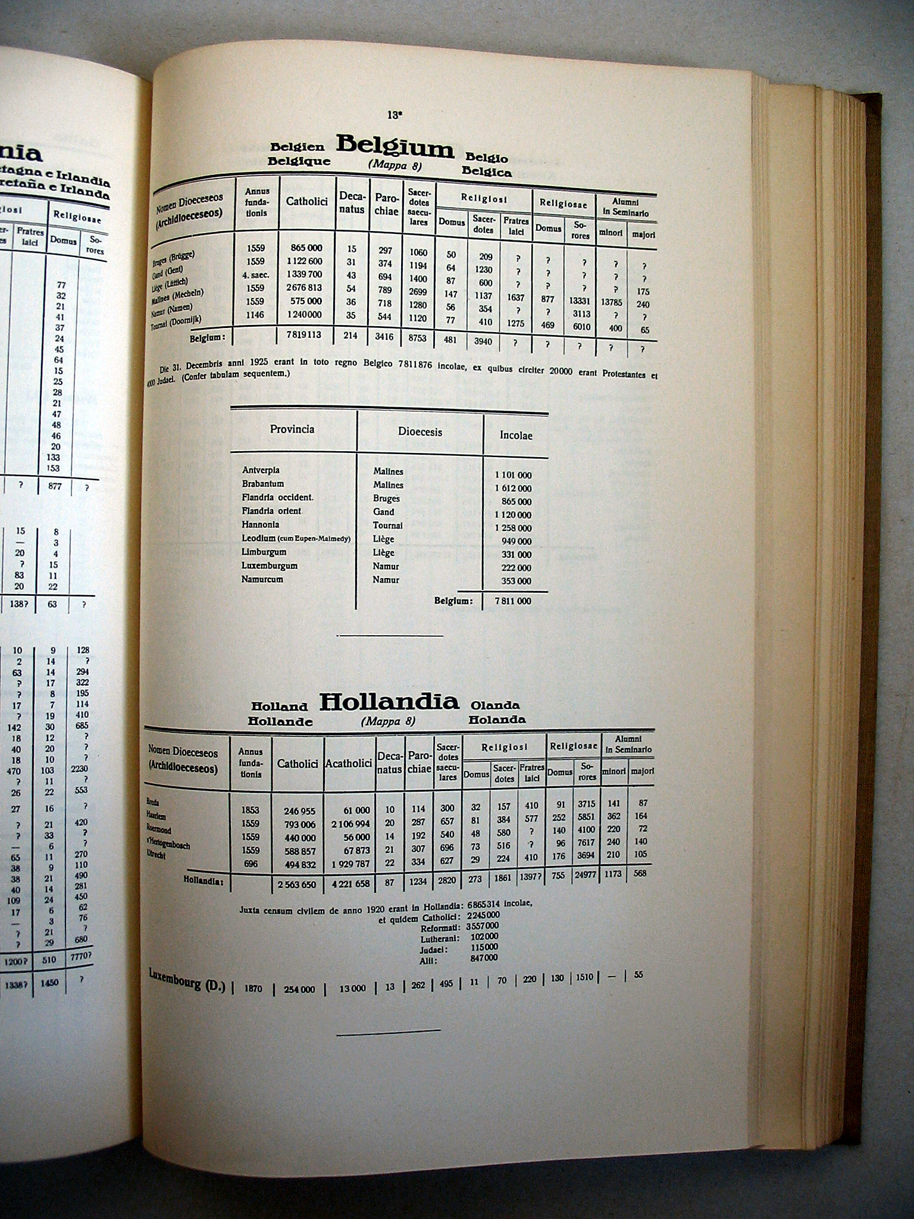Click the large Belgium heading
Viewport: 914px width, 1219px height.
click(395, 146)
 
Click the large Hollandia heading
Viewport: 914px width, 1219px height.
click(389, 702)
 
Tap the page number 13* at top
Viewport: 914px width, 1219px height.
click(393, 115)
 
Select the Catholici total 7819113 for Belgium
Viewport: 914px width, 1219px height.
click(303, 335)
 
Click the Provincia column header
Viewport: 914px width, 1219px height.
click(292, 429)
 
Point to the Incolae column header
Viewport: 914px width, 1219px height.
click(515, 436)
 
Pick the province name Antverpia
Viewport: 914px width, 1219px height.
click(261, 470)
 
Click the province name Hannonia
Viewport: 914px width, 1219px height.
click(260, 524)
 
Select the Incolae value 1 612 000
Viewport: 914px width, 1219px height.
click(512, 489)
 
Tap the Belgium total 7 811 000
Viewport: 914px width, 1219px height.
click(512, 601)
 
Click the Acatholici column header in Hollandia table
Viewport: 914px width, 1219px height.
click(349, 763)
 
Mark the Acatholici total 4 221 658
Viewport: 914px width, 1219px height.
click(348, 884)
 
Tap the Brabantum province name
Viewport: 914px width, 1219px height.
click(262, 484)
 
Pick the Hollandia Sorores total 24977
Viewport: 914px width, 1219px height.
click(587, 874)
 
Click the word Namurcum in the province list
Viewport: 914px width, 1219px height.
click(262, 579)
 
